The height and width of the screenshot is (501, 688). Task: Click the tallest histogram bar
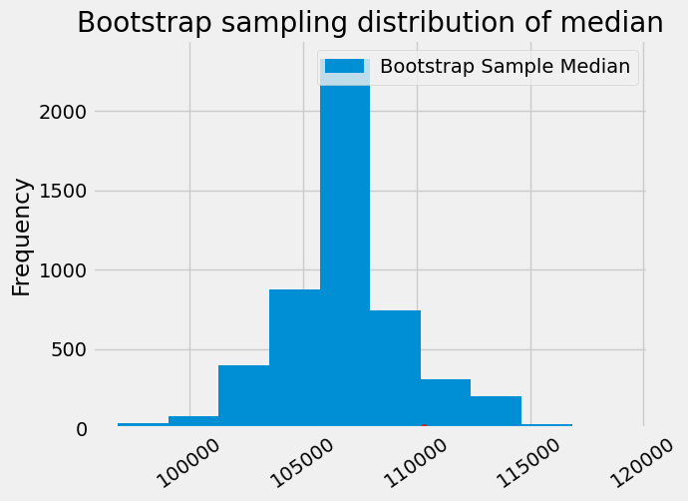[x=344, y=250]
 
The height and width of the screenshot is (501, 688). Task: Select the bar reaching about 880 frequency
[x=294, y=359]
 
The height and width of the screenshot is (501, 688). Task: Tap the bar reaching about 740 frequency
[x=395, y=369]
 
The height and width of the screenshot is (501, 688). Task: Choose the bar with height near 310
[x=445, y=403]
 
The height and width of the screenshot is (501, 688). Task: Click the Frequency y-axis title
[x=22, y=237]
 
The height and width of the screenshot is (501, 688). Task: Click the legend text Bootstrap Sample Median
[x=506, y=67]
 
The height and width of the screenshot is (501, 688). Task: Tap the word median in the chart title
[x=615, y=23]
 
